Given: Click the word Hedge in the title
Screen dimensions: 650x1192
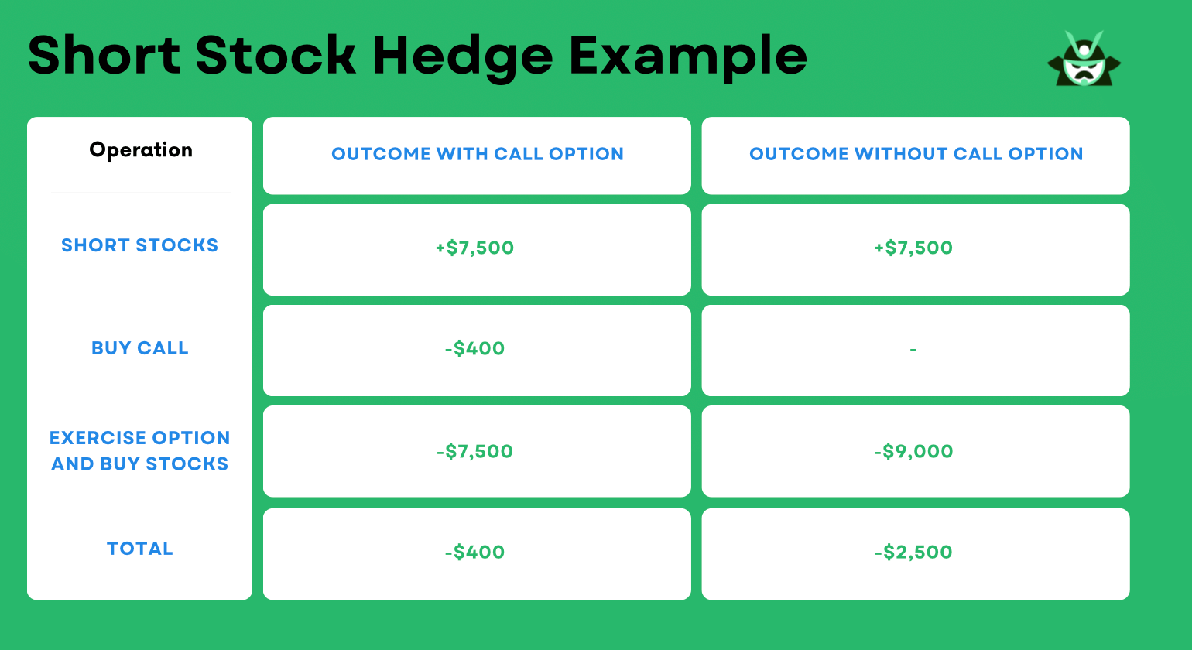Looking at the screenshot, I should (x=462, y=56).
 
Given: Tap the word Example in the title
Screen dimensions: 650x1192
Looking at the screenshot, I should (x=687, y=56).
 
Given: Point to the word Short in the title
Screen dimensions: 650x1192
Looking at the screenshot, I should (x=104, y=56).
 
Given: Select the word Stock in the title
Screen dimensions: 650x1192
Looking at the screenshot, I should (x=276, y=56).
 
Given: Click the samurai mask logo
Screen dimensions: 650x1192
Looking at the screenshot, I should (x=1084, y=60).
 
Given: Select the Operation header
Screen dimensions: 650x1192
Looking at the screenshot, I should (x=141, y=150).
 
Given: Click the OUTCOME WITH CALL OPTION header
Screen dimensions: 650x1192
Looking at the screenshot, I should (x=478, y=154).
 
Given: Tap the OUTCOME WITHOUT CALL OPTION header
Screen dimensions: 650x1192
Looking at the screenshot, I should (x=916, y=154).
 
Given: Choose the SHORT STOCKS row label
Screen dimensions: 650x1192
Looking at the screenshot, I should (x=140, y=245).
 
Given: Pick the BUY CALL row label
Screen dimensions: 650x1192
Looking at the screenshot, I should (x=140, y=348).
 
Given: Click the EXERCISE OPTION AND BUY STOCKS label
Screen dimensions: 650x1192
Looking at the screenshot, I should (x=140, y=450).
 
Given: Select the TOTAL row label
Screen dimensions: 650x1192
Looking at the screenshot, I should (x=140, y=549).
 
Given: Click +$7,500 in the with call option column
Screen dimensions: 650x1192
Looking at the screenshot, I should (x=474, y=248).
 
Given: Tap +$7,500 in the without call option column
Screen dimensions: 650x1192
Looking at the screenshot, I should (x=913, y=248).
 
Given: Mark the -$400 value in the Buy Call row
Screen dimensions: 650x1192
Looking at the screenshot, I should (x=474, y=348).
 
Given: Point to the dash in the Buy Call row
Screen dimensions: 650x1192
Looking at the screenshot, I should (x=913, y=350).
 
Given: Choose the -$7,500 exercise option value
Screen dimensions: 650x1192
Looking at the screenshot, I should (x=474, y=451).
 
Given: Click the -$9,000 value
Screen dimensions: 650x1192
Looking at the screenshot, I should (x=913, y=451).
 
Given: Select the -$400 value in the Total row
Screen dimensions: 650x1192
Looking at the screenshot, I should (x=474, y=552).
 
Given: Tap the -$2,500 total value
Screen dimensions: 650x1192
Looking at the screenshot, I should (x=913, y=552).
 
